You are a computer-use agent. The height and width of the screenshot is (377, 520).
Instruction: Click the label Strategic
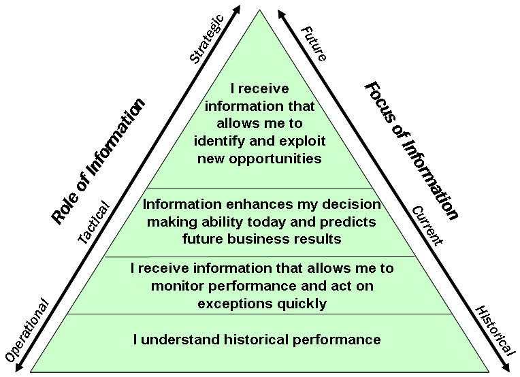(x=206, y=39)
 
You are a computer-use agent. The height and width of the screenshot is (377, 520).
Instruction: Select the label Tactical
(x=94, y=222)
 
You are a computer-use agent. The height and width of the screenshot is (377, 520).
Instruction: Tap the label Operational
(x=27, y=330)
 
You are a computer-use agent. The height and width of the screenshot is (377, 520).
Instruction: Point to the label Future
(x=314, y=42)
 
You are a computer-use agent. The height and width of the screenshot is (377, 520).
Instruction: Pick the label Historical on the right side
(x=493, y=330)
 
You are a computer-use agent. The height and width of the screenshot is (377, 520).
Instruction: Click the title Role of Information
(x=99, y=161)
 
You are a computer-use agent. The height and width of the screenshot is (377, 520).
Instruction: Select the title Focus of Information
(x=411, y=150)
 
